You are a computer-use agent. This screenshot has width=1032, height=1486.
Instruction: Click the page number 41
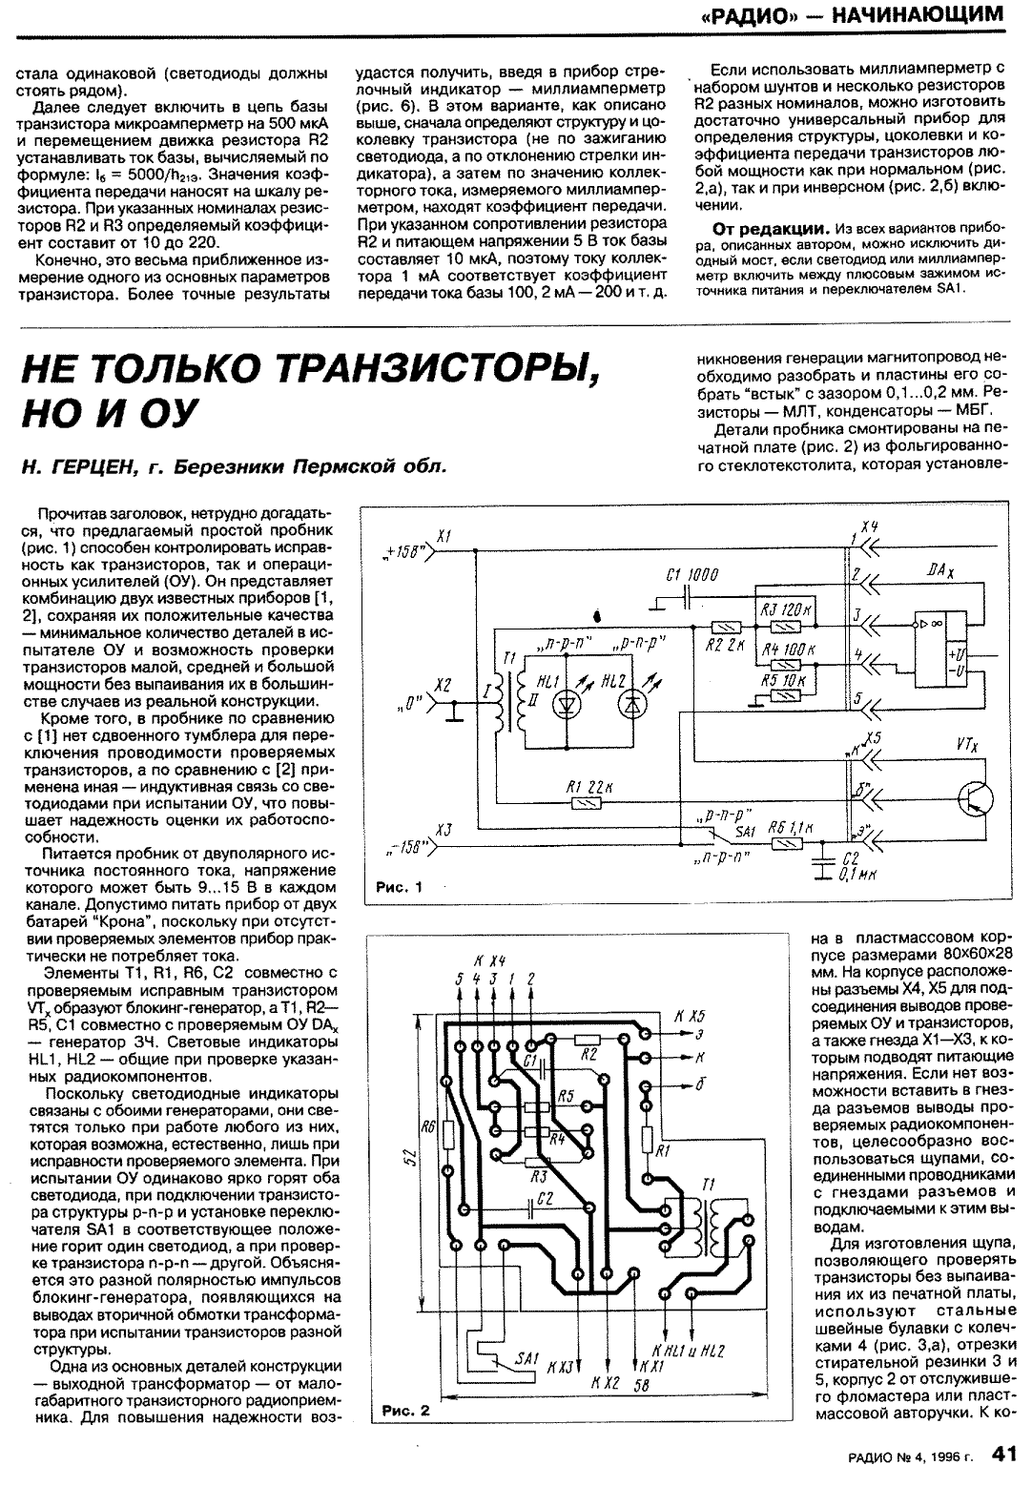click(1004, 1454)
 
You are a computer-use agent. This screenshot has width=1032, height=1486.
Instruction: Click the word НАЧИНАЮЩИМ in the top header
click(918, 15)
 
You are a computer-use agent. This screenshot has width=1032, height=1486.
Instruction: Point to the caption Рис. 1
click(399, 887)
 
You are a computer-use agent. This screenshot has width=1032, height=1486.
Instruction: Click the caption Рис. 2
click(406, 1411)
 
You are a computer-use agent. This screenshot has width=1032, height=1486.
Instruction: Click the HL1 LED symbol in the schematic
click(567, 707)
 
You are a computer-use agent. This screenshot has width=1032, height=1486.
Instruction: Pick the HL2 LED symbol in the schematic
click(631, 707)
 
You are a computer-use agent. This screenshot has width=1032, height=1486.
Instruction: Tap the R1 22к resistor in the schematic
click(587, 804)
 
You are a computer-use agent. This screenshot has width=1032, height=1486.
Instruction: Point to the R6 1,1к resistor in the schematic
click(786, 844)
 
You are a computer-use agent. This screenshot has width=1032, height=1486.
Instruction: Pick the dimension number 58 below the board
click(641, 1385)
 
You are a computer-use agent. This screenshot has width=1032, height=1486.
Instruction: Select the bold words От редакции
click(772, 230)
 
